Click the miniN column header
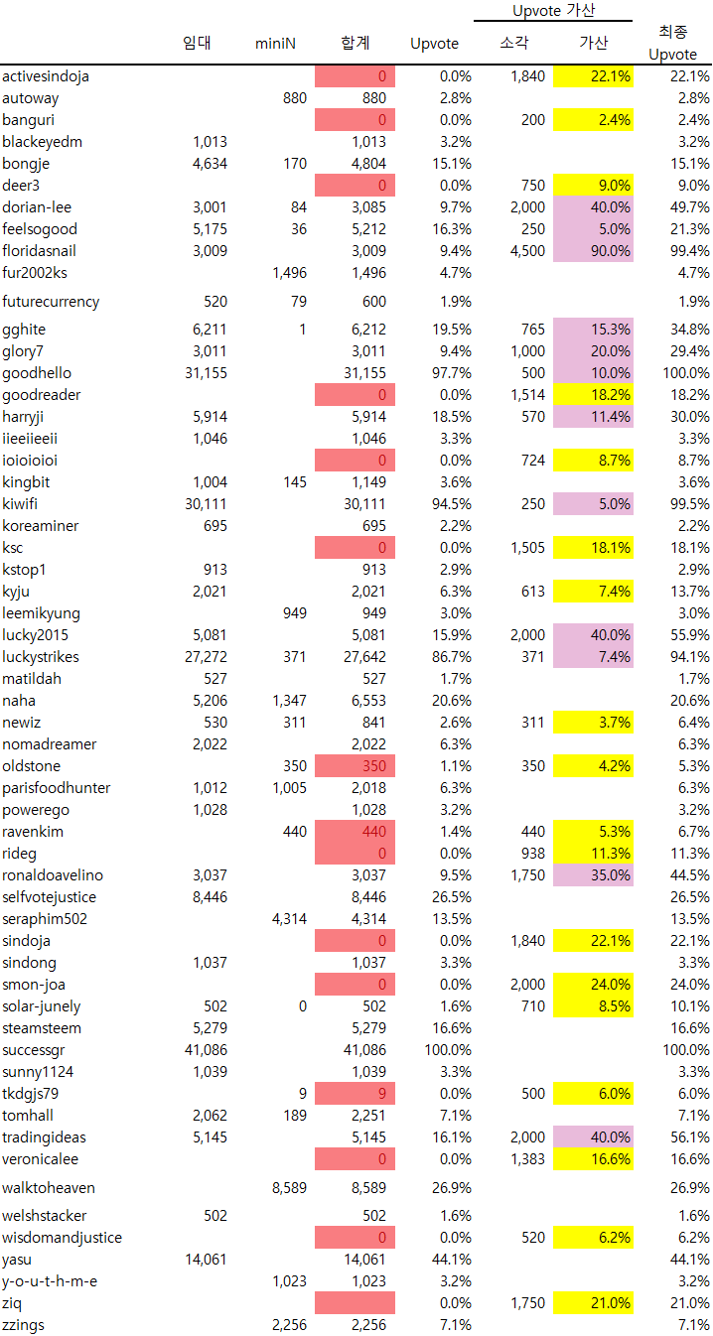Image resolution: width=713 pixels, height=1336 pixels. pyautogui.click(x=275, y=44)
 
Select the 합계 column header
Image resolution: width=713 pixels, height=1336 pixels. pyautogui.click(x=355, y=44)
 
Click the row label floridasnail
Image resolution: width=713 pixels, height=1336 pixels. pyautogui.click(x=39, y=251)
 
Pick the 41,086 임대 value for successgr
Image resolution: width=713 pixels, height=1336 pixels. pyautogui.click(x=207, y=1050)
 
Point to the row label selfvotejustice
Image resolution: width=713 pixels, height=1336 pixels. pyautogui.click(x=50, y=897)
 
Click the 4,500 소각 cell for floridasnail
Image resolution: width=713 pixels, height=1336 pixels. pyautogui.click(x=526, y=251)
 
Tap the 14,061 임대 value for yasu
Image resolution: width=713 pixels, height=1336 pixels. pyautogui.click(x=207, y=1260)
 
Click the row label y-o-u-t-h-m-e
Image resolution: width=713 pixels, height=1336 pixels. pyautogui.click(x=50, y=1281)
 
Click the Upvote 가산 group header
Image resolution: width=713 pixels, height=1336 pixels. pyautogui.click(x=553, y=10)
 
